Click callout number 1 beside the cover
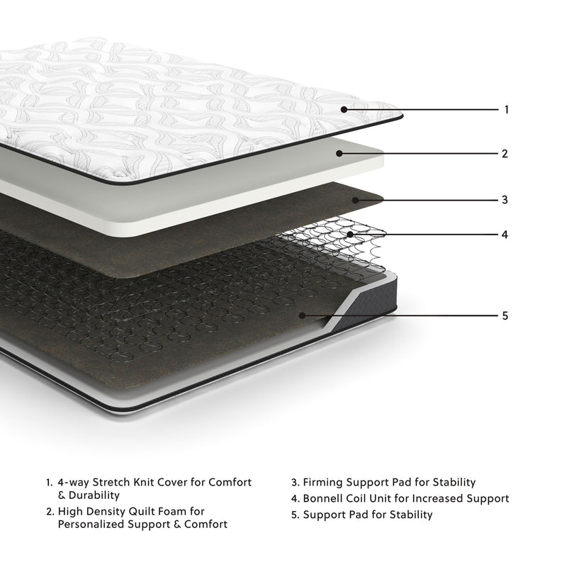(x=506, y=110)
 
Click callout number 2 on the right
(x=505, y=153)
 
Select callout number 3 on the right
(x=505, y=200)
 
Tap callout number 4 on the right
(x=505, y=234)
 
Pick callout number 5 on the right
(x=505, y=316)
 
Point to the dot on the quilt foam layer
(x=339, y=153)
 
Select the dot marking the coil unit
(x=350, y=234)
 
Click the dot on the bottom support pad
(x=302, y=316)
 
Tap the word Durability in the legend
(x=94, y=495)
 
